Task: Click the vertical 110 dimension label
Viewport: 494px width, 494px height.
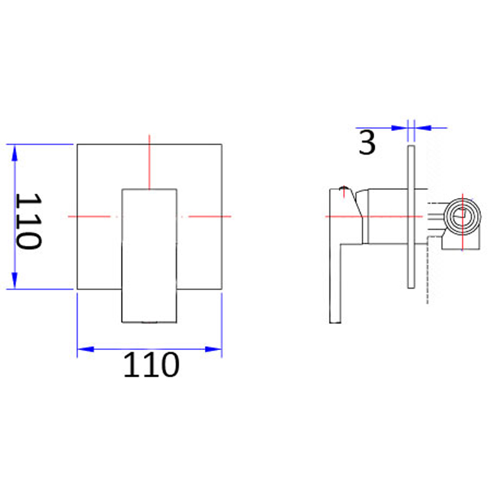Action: [29, 221]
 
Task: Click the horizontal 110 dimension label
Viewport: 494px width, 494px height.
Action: [151, 365]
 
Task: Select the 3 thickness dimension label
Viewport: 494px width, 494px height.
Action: [367, 143]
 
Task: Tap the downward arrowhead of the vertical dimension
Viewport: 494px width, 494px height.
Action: [14, 280]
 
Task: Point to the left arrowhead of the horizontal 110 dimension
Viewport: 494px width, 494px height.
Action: [86, 349]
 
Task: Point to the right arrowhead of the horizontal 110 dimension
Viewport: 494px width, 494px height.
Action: [213, 349]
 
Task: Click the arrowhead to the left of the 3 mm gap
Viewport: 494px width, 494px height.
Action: [399, 128]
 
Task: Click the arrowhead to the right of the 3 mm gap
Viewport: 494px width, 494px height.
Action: [423, 128]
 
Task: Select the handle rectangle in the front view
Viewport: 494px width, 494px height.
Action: [150, 256]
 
